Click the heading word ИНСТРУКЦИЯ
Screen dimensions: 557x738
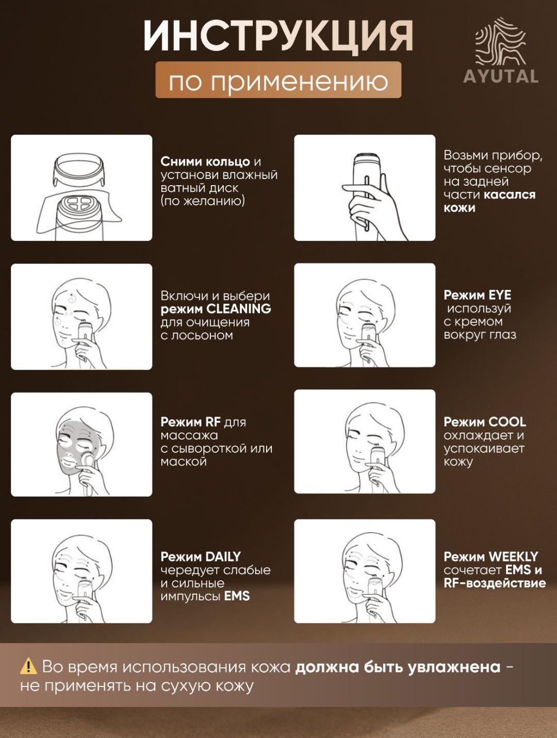pyautogui.click(x=278, y=36)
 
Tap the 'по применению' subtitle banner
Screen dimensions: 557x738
pyautogui.click(x=278, y=80)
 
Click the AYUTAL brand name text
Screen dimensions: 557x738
pyautogui.click(x=501, y=76)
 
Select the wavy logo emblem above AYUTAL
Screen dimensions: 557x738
pyautogui.click(x=501, y=41)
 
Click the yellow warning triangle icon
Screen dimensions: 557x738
pyautogui.click(x=28, y=666)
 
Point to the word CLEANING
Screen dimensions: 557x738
pyautogui.click(x=239, y=308)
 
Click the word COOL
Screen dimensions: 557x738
pyautogui.click(x=507, y=422)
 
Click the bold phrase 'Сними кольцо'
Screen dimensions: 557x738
pyautogui.click(x=205, y=162)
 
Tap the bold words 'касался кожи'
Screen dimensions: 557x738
pyautogui.click(x=489, y=201)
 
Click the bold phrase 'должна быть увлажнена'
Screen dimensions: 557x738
pyautogui.click(x=398, y=667)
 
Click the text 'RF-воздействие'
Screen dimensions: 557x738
pyautogui.click(x=495, y=583)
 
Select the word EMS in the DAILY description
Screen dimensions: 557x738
pyautogui.click(x=237, y=596)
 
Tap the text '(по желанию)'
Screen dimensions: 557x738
pyautogui.click(x=203, y=201)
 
